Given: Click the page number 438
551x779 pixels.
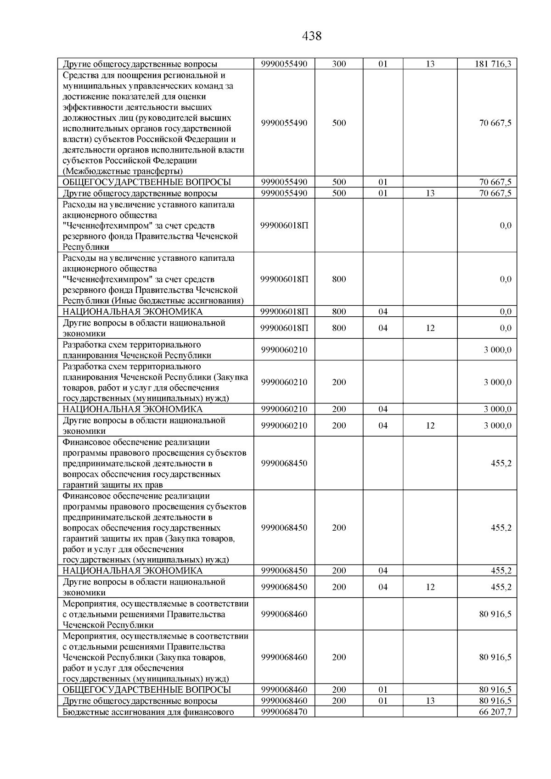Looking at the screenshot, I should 312,36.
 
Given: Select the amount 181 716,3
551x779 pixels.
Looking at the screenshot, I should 493,64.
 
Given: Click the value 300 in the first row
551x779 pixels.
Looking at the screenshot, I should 339,64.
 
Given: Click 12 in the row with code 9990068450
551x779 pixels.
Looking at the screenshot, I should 430,587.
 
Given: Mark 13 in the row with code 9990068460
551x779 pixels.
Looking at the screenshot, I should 430,701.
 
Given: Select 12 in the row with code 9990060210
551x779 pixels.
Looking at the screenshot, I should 430,426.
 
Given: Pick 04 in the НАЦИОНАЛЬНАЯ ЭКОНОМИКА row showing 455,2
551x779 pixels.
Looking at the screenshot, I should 383,571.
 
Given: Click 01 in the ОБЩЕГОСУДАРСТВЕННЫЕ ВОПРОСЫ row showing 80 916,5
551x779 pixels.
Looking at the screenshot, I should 383,689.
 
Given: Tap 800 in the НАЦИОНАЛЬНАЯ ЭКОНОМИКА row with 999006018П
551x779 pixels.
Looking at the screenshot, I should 339,312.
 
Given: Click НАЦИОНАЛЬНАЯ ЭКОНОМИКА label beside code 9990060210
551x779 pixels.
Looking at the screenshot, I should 132,409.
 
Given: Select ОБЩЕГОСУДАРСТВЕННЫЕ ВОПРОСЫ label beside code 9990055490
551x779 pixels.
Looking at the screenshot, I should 146,182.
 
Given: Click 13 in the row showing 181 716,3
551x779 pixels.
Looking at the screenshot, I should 430,64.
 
